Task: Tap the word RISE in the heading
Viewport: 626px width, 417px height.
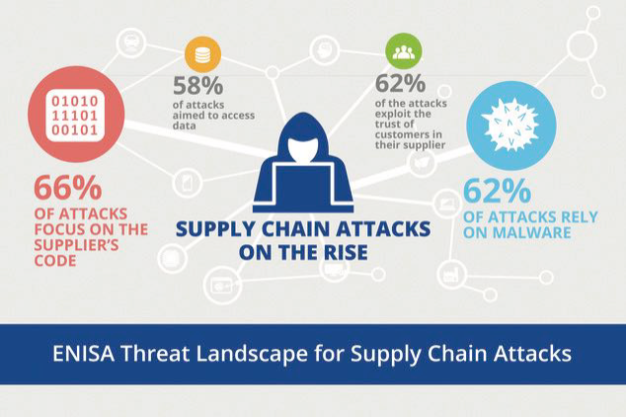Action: click(x=342, y=253)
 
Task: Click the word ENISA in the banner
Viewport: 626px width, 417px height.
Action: click(x=85, y=353)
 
